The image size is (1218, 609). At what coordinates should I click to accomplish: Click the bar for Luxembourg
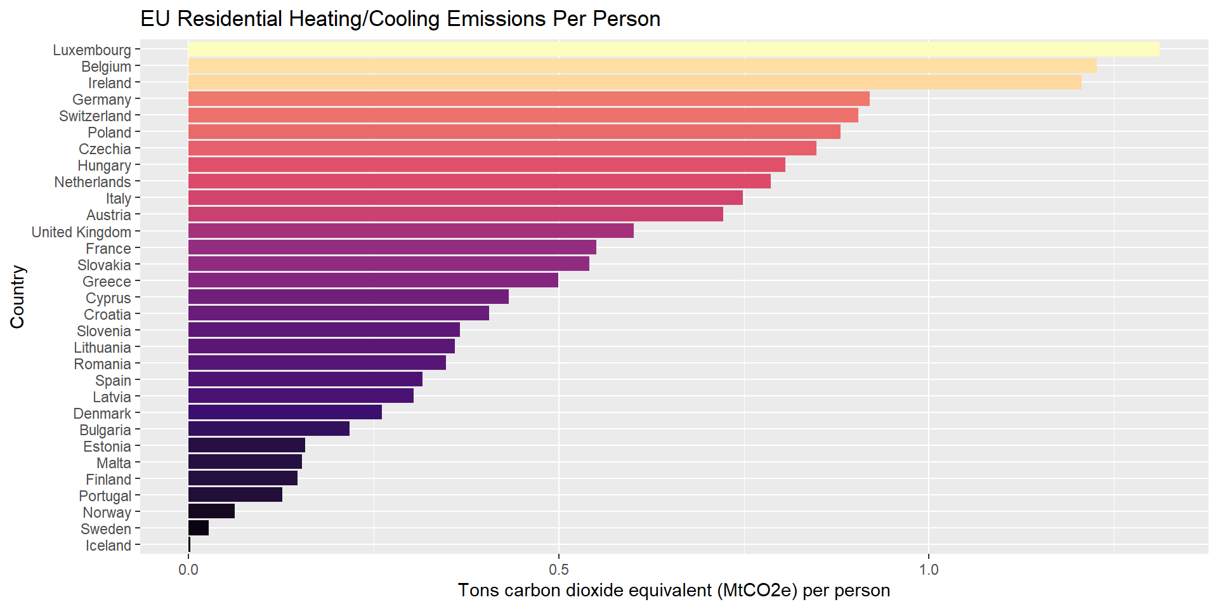[672, 49]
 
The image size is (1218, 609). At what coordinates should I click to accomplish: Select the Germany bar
[528, 99]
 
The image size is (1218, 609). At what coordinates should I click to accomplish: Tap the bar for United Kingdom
[410, 231]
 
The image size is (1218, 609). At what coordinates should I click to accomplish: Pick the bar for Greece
[373, 280]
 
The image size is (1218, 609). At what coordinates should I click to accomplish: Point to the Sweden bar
[199, 528]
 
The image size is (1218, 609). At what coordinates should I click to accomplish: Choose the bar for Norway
[211, 511]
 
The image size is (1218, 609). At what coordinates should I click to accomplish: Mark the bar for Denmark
[285, 412]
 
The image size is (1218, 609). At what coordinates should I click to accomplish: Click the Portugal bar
[235, 495]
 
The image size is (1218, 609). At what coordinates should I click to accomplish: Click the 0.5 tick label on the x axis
[558, 570]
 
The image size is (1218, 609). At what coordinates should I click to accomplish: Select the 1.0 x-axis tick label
[928, 570]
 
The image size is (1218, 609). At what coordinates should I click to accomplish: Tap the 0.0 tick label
[188, 570]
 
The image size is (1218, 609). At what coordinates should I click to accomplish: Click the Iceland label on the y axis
[108, 546]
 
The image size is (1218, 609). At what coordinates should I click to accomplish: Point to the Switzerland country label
[95, 116]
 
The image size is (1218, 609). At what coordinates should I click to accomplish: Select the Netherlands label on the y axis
[93, 182]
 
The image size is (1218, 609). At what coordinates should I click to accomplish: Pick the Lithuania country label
[103, 348]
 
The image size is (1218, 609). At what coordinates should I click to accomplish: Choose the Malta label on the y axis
[114, 463]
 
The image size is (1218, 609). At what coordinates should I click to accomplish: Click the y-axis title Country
[18, 297]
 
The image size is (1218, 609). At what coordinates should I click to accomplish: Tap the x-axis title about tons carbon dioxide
[674, 591]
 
